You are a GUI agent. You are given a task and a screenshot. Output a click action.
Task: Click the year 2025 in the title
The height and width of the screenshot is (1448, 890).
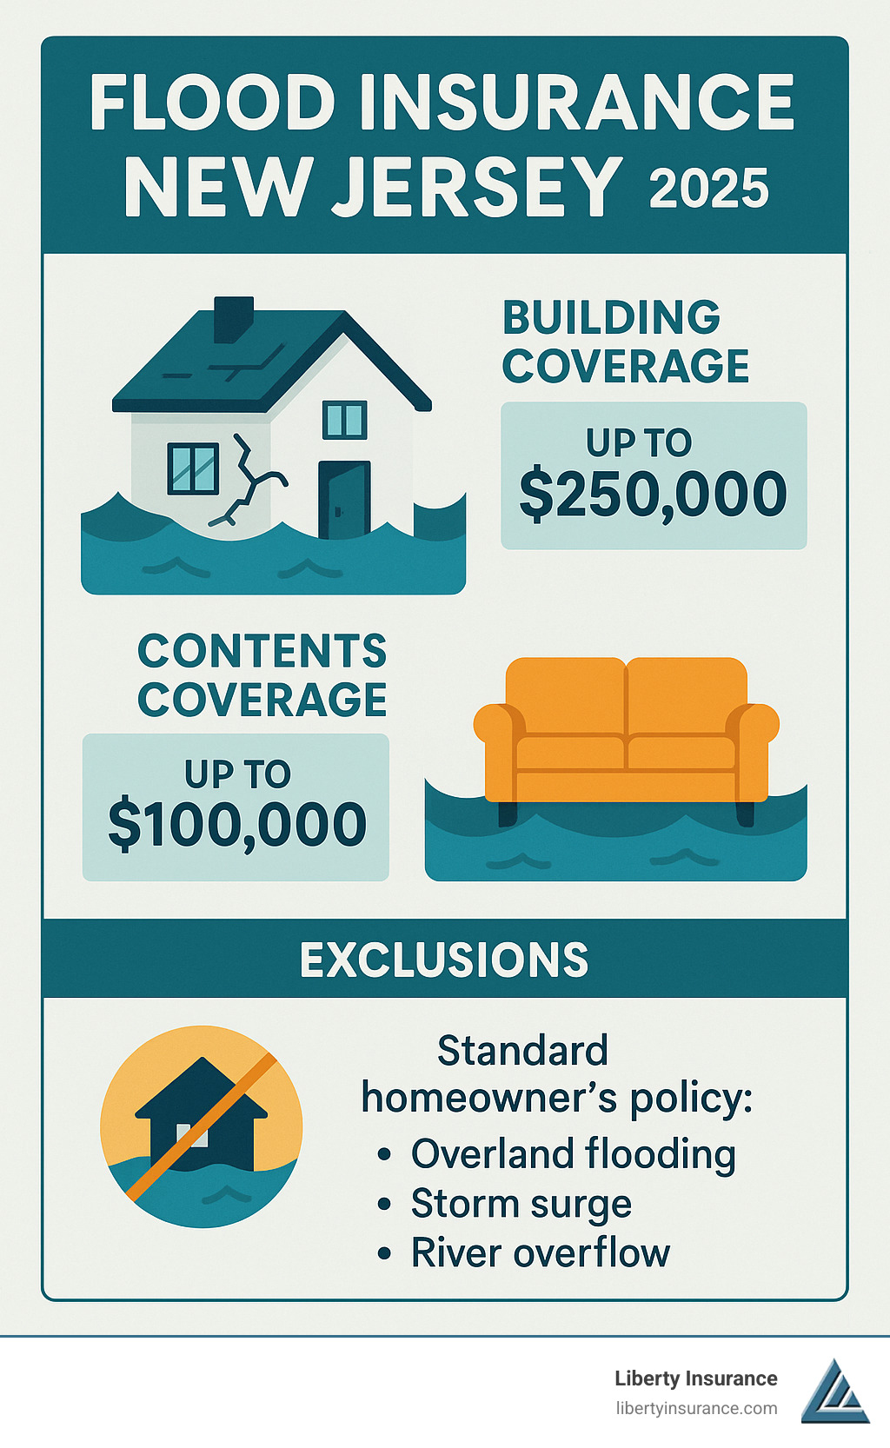coord(708,189)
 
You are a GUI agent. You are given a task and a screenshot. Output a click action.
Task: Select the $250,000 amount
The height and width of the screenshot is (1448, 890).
coord(653,495)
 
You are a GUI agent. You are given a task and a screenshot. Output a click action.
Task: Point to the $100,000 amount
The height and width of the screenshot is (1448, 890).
coord(236,825)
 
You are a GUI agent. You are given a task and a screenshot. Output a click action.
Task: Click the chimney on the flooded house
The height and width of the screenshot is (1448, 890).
coord(233,318)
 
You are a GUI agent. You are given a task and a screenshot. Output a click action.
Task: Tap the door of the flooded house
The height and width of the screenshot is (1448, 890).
coord(344,499)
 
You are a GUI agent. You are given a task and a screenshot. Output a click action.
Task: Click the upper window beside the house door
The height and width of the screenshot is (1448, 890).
coord(344,420)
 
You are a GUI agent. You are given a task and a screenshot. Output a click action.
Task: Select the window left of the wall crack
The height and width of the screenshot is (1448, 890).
coord(192,468)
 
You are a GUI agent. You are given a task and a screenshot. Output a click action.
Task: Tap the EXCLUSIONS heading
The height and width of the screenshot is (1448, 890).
coord(444,960)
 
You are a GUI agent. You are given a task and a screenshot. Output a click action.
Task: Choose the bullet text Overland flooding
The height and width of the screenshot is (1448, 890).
coord(573,1154)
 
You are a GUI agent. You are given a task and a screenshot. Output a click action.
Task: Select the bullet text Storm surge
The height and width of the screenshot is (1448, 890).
coord(521,1204)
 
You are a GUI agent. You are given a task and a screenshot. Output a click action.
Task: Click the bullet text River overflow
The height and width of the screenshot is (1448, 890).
coord(540,1253)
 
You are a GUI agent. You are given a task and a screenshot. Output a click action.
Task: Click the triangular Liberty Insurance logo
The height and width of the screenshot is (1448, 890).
coord(834,1392)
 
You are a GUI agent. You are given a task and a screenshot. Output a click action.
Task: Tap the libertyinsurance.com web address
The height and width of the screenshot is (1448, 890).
coord(695,1408)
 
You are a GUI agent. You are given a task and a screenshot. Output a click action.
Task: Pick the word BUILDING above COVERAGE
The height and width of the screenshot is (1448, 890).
coord(611,317)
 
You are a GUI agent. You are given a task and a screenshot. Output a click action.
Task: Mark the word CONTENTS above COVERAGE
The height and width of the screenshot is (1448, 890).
coord(262,651)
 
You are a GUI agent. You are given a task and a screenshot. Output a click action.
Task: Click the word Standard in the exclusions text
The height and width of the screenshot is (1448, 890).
coord(522,1051)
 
